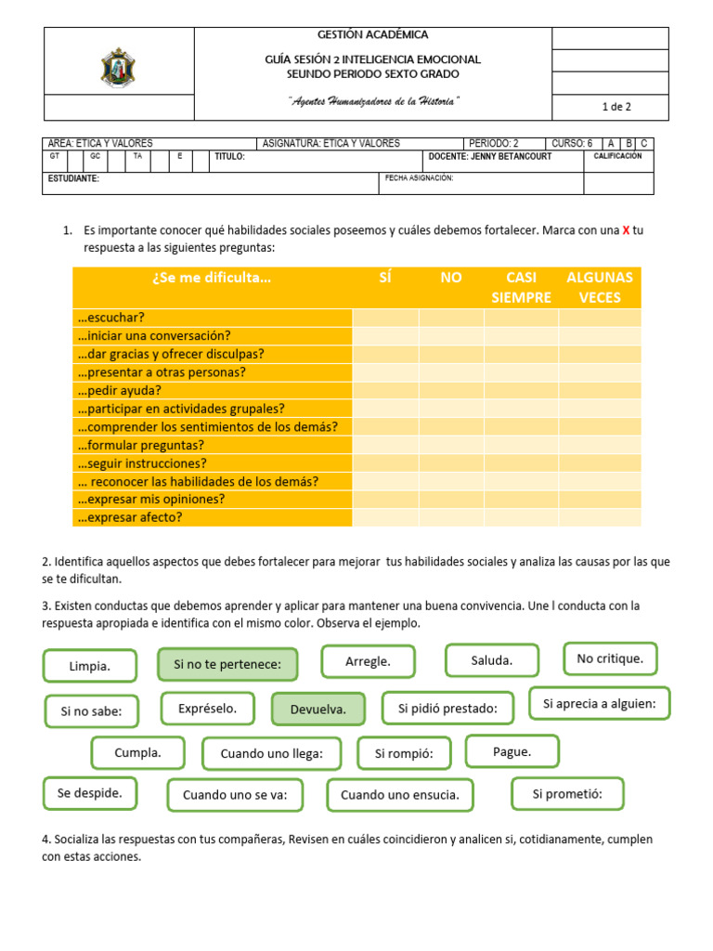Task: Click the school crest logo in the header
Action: tap(119, 68)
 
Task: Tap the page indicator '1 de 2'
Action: tap(616, 107)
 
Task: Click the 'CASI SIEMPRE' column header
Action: tap(521, 287)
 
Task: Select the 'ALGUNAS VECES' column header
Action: tap(600, 287)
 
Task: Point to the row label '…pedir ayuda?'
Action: tap(120, 390)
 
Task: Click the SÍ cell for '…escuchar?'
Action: tap(385, 318)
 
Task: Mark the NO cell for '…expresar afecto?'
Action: tap(451, 517)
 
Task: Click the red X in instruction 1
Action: tap(626, 230)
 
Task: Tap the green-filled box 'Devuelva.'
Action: tap(318, 709)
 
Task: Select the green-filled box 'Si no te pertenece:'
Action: tap(227, 665)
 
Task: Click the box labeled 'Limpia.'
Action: tap(89, 666)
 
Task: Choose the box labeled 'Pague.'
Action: tap(512, 751)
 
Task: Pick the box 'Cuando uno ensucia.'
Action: tap(399, 795)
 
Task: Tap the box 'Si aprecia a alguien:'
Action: tap(599, 704)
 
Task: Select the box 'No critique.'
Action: tap(610, 658)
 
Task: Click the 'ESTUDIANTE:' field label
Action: tap(74, 178)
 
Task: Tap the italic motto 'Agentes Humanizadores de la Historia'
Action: tap(372, 101)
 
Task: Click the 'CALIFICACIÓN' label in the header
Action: tap(617, 157)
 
